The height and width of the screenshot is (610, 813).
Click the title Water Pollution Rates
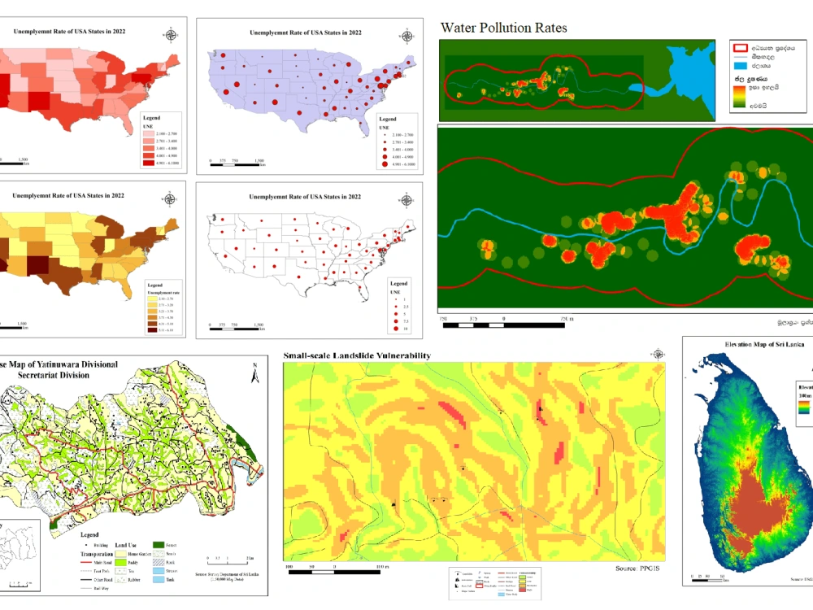point(503,28)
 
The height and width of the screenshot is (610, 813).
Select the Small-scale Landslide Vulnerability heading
point(357,356)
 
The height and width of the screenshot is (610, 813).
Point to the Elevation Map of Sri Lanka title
point(746,344)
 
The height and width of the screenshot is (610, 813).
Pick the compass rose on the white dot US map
point(405,199)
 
